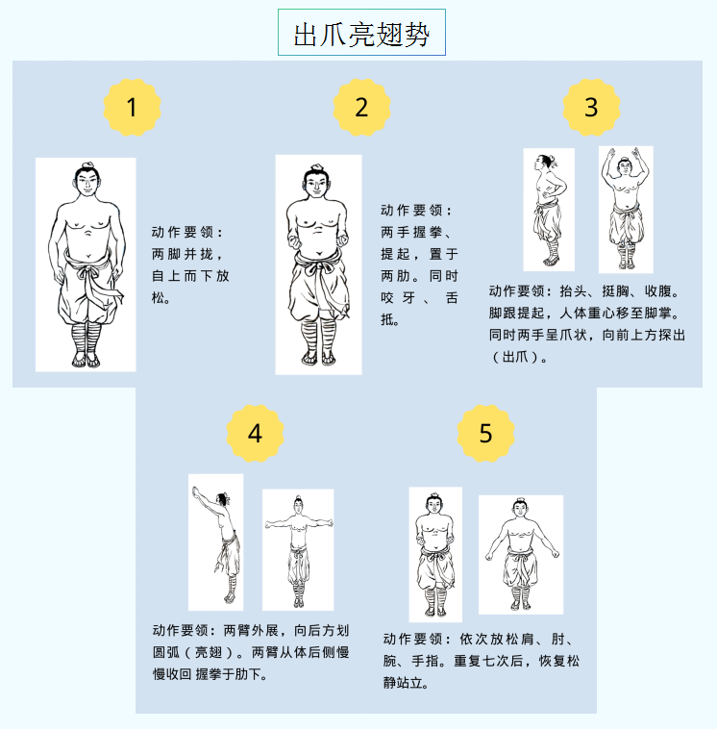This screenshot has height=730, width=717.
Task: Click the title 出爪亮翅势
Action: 361,34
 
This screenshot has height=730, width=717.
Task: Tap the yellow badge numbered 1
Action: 132,108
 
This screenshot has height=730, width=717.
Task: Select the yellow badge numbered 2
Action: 361,108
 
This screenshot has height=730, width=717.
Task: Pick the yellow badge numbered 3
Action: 591,108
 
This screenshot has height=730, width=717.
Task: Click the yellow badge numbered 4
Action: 255,434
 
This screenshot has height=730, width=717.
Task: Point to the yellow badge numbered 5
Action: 485,434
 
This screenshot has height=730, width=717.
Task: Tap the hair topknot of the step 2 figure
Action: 317,167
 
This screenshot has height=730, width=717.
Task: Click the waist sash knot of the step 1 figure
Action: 88,271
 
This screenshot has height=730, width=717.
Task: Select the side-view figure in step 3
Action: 549,210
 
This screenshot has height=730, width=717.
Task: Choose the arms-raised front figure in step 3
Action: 626,209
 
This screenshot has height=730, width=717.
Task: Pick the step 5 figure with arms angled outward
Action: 522,554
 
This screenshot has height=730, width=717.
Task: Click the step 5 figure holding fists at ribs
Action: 434,555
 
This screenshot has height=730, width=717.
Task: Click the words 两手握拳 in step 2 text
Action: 411,232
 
